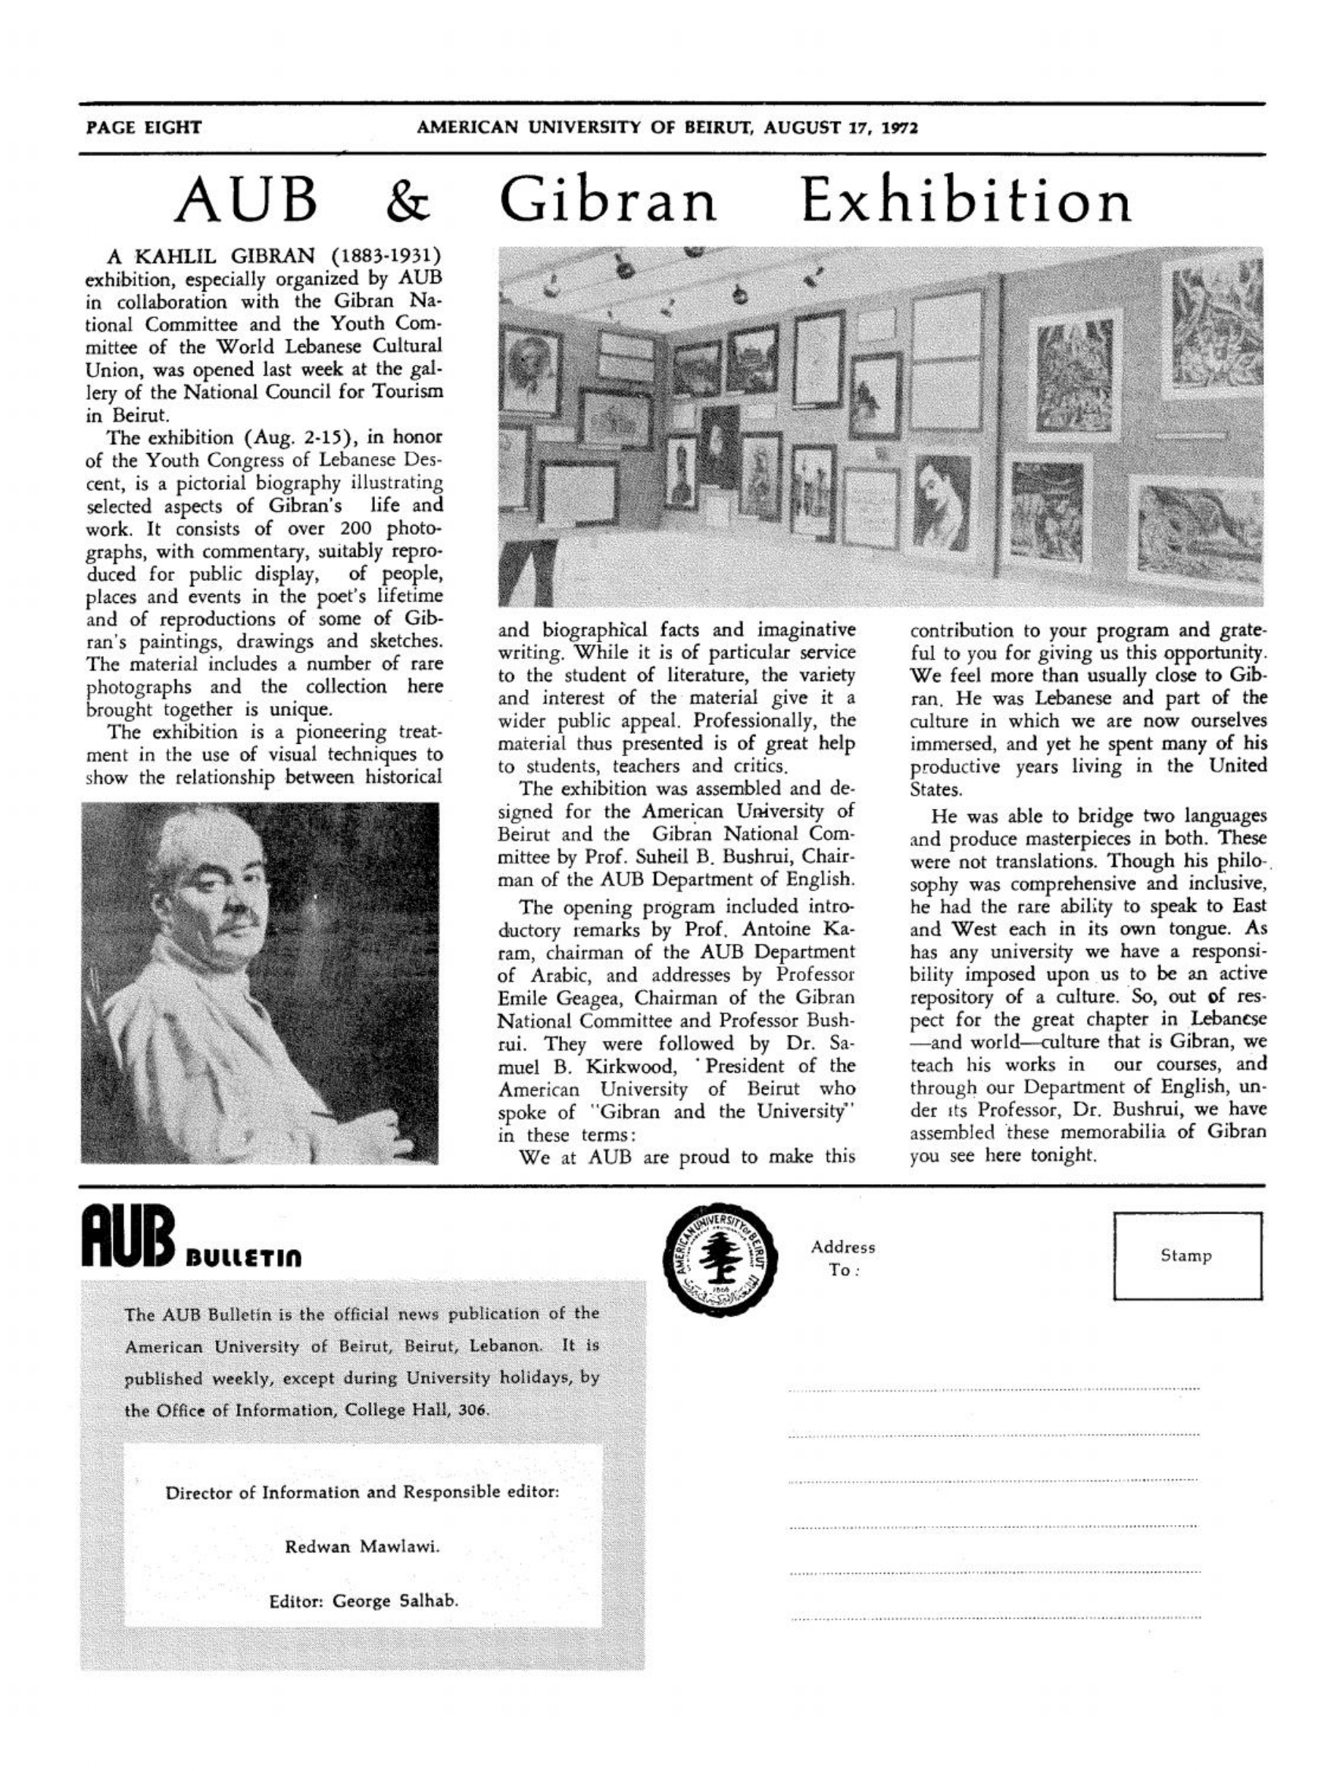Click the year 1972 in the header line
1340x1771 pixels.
(x=901, y=126)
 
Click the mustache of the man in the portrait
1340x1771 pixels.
(x=239, y=923)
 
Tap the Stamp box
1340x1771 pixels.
(x=1186, y=1255)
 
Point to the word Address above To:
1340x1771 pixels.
(x=843, y=1247)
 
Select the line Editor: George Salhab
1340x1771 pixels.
(x=363, y=1601)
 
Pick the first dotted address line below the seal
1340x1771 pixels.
(x=992, y=1388)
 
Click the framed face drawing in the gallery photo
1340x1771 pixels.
(x=945, y=498)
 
